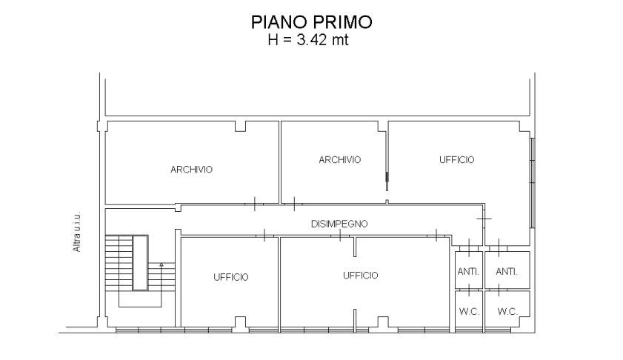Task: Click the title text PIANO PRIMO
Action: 311,22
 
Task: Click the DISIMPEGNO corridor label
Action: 339,223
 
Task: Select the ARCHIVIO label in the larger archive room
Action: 191,170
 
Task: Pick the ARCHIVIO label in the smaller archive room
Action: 339,160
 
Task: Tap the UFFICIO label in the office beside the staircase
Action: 230,277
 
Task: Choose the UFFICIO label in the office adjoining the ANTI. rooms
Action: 360,276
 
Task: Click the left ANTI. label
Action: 468,272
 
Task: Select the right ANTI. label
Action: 507,272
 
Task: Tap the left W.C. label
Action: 469,312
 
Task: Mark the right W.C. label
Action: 507,312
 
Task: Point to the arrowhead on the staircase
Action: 161,264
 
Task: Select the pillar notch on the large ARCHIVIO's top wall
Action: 241,126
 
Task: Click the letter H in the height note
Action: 272,39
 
